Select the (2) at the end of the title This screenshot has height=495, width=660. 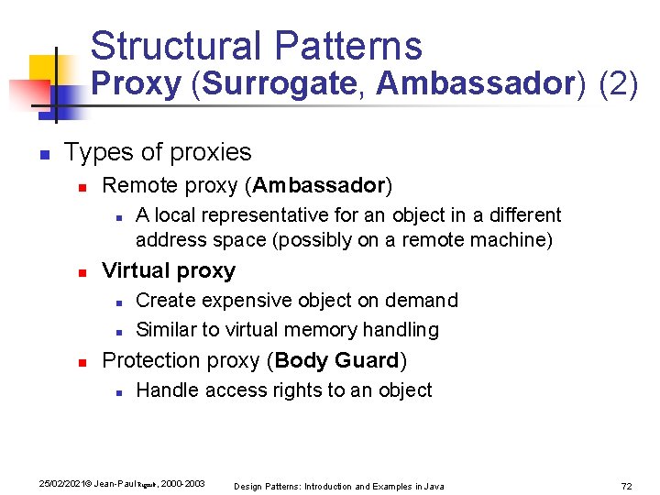(x=618, y=83)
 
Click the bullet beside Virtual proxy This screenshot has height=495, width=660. (x=82, y=272)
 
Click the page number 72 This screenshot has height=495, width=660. (x=627, y=485)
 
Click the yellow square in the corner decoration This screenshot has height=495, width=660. (x=43, y=69)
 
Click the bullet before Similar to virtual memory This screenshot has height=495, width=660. (x=120, y=330)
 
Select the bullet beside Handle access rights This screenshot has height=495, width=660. (x=120, y=391)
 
